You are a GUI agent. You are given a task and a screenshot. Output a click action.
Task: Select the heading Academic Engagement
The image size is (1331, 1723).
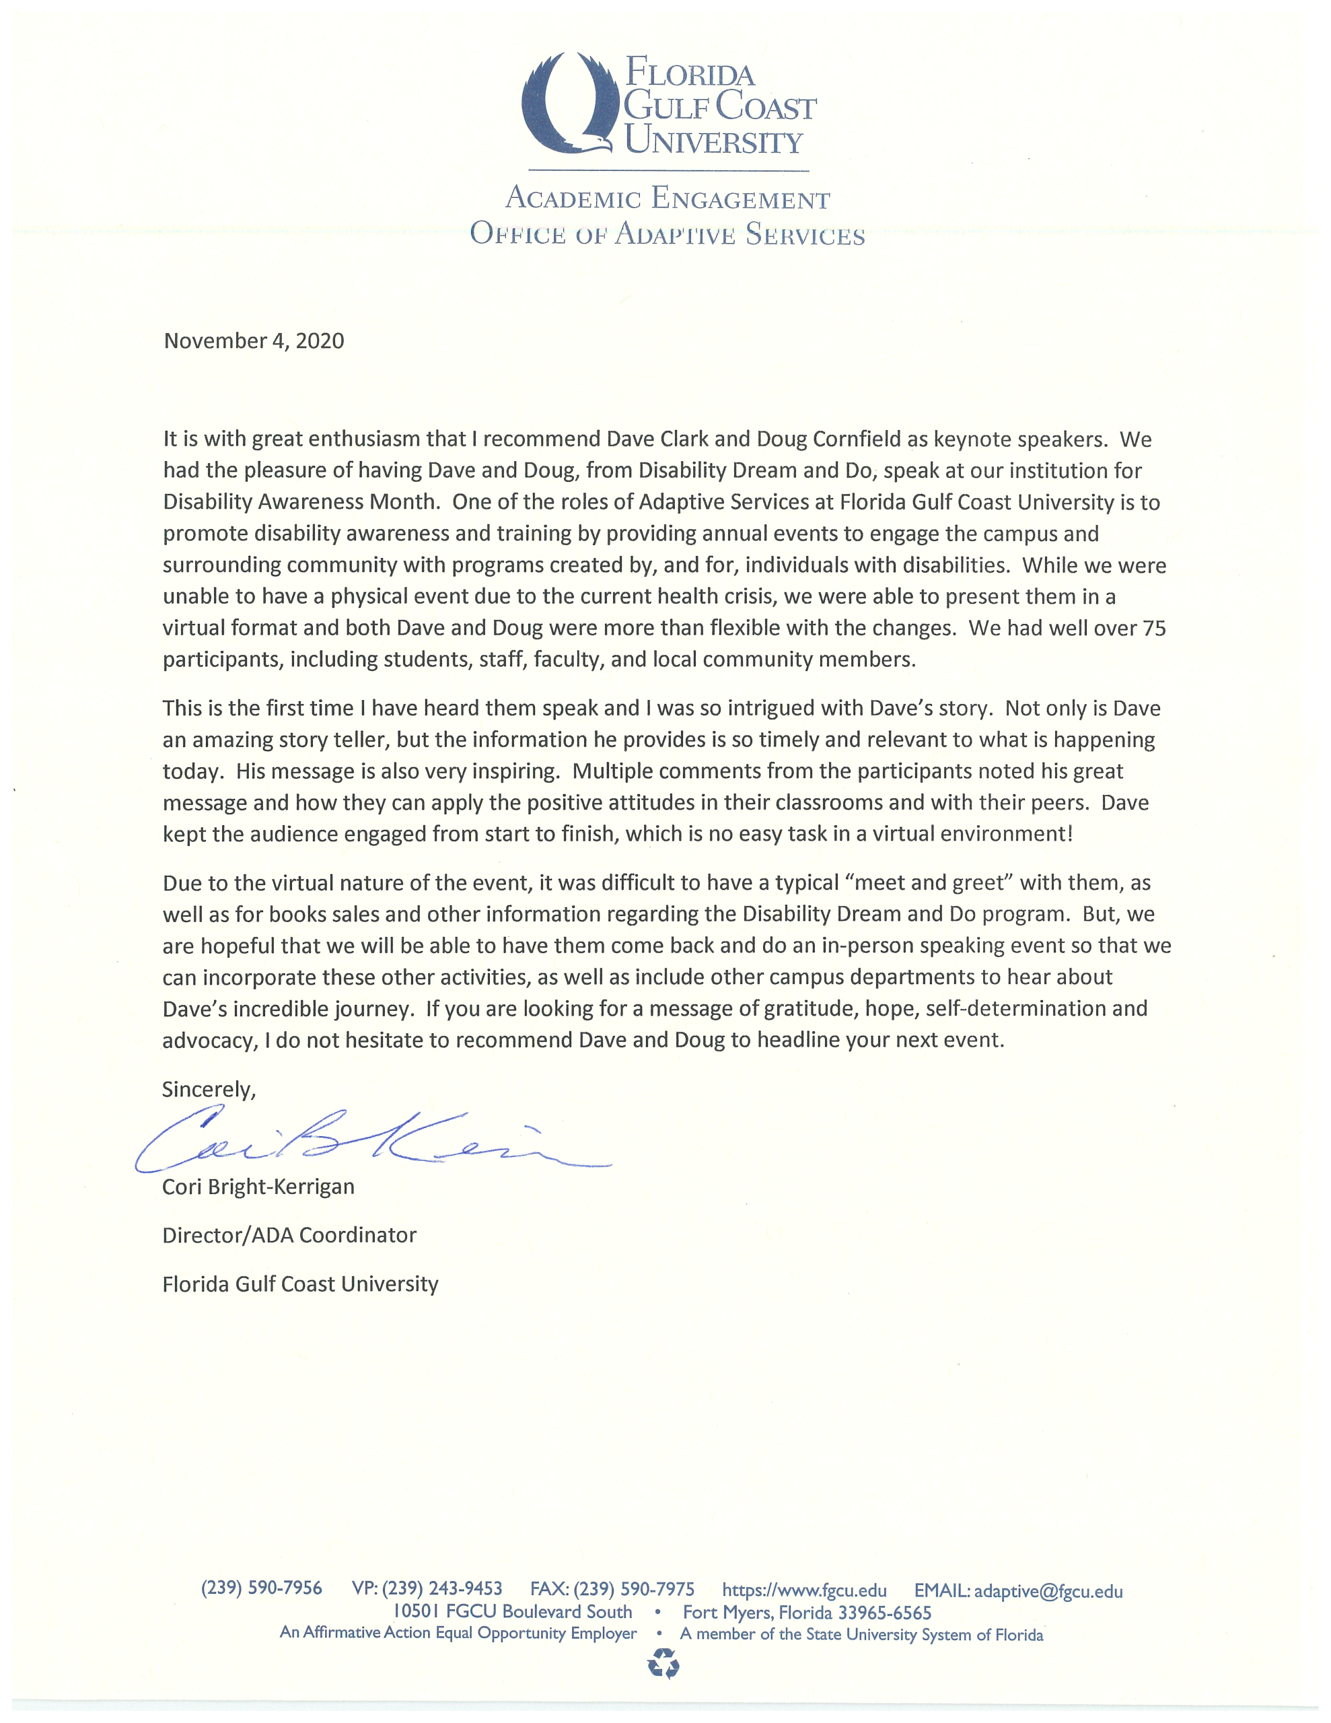pos(667,198)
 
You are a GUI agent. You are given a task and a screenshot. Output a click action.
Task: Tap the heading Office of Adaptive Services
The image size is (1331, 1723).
pos(667,234)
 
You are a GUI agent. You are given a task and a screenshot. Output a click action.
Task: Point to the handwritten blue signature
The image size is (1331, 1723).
pos(371,1144)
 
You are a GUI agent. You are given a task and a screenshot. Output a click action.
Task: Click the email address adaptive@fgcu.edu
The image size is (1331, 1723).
pos(1048,1590)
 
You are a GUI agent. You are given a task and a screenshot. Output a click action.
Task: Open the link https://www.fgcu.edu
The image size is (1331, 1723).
pos(804,1590)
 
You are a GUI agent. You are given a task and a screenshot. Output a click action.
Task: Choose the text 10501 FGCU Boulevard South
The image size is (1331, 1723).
pos(513,1612)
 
